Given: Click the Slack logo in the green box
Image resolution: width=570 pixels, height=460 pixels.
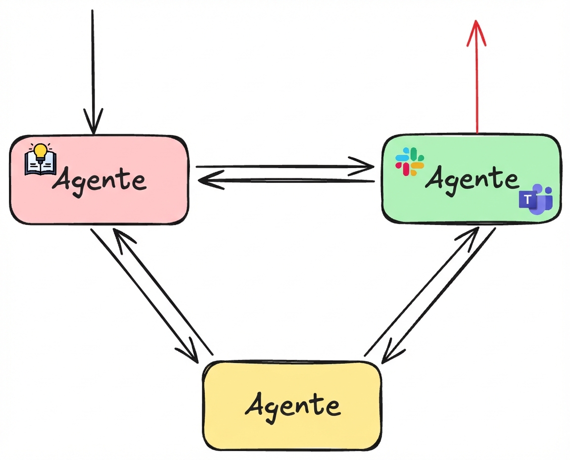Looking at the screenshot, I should [410, 162].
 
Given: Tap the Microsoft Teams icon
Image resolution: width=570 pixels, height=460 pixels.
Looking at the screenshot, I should [535, 199].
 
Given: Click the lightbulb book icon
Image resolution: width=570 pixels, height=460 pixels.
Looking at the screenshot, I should [40, 159].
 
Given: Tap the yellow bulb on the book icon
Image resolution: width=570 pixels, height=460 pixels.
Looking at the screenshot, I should [40, 150].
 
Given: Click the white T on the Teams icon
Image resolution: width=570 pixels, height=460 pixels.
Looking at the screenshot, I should [527, 200].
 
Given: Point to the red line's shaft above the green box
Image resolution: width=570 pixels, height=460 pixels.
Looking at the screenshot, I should [476, 89].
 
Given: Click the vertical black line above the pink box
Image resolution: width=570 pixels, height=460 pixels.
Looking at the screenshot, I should [93, 59].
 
